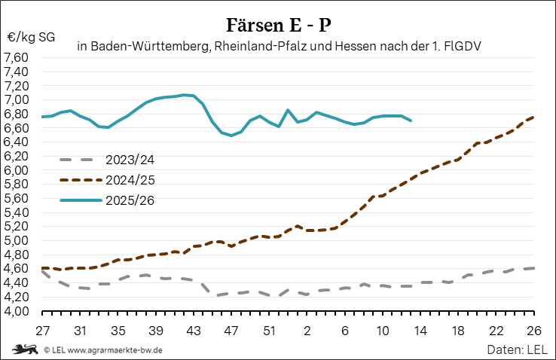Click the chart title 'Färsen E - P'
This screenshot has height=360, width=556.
278,25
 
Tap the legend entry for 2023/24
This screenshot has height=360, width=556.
130,160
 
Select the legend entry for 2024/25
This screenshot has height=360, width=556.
130,180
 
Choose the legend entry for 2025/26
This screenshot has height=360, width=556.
130,200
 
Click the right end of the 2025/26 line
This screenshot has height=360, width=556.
411,121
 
